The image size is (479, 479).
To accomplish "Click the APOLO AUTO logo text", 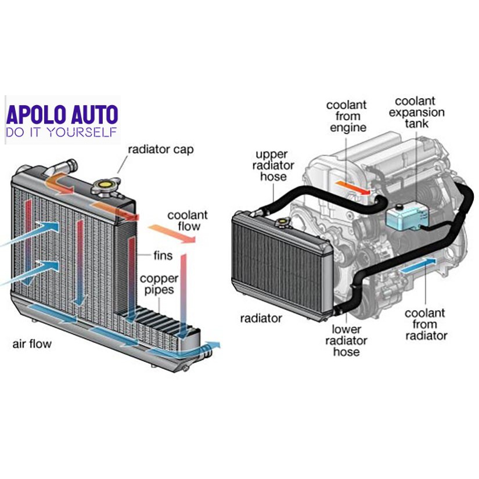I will (62, 114).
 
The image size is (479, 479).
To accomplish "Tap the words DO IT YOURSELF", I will (61, 132).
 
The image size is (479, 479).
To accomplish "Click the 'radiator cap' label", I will (161, 150).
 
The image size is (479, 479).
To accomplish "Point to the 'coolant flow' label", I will (188, 221).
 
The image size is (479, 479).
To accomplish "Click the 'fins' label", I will (163, 255).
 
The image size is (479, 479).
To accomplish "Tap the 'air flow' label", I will (32, 344).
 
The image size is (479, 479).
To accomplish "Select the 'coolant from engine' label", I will (347, 116).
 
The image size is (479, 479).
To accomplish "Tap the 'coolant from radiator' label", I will (426, 325).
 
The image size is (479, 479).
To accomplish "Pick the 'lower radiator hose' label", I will (347, 340).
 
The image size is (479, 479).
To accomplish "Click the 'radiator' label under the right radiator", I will (261, 318).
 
